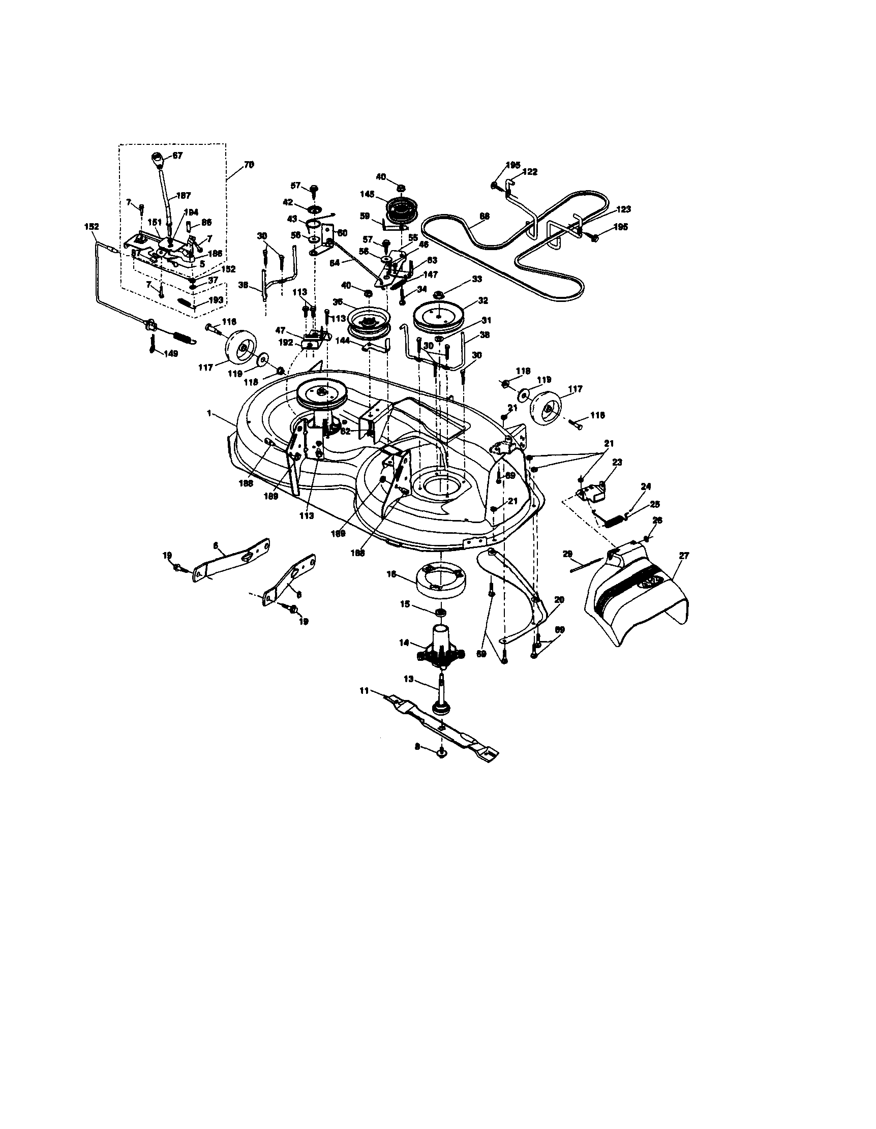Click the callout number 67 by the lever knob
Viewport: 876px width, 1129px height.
[x=177, y=155]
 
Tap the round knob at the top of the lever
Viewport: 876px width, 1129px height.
[x=158, y=157]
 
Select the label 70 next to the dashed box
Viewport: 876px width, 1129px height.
[x=249, y=165]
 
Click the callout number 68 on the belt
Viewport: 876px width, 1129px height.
[x=485, y=216]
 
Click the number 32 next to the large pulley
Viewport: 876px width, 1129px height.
[x=483, y=300]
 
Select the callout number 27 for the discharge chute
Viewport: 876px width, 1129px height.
[x=684, y=556]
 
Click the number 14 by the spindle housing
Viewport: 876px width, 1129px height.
[x=404, y=643]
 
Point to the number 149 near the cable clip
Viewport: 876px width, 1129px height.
[x=171, y=354]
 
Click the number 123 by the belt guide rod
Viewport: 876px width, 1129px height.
[x=624, y=209]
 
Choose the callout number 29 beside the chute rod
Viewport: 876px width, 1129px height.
[x=568, y=554]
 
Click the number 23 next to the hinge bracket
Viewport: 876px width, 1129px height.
[x=617, y=462]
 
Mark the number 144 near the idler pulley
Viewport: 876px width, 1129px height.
[x=342, y=341]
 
